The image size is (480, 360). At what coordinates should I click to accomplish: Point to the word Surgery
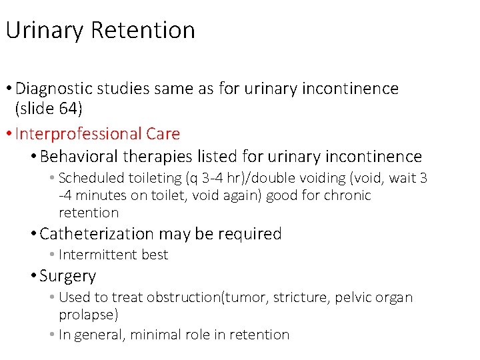(68, 276)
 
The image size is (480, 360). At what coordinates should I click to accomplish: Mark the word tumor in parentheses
(243, 297)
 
